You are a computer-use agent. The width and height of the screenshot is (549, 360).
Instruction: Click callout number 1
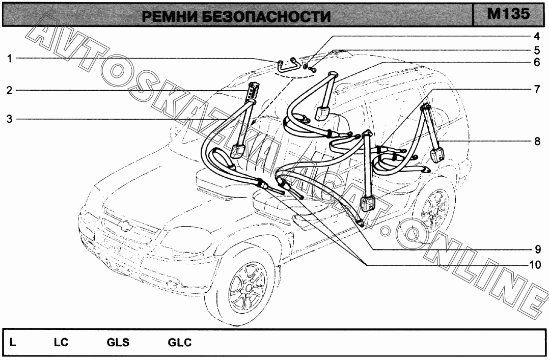(x=10, y=59)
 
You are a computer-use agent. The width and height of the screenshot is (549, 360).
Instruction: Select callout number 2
(x=10, y=91)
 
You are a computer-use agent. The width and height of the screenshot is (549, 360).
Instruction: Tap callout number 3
(x=10, y=119)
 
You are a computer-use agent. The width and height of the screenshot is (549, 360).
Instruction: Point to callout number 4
(x=536, y=37)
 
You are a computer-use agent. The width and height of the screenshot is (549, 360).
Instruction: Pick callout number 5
(x=536, y=50)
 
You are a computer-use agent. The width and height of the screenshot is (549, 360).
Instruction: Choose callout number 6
(x=536, y=63)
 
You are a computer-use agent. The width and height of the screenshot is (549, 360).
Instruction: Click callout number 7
(x=536, y=89)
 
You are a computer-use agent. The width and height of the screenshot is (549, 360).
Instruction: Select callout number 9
(x=536, y=250)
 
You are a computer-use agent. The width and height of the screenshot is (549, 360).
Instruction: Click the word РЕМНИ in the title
(x=170, y=17)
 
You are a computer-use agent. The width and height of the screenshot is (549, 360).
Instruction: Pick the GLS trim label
(x=118, y=343)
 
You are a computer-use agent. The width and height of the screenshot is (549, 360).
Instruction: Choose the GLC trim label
(x=180, y=343)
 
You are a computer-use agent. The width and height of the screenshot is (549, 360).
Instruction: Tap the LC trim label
(x=61, y=343)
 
